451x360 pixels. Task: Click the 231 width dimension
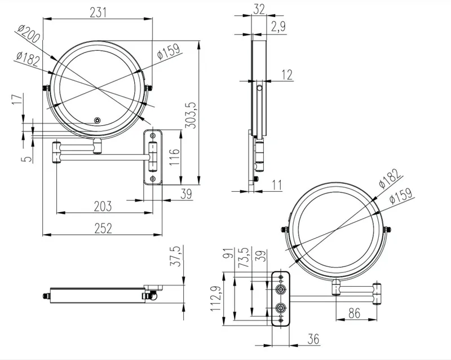pyautogui.click(x=98, y=12)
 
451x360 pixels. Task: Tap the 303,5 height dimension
pyautogui.click(x=190, y=115)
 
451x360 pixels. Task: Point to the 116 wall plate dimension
pyautogui.click(x=174, y=157)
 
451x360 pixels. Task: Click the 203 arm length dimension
pyautogui.click(x=103, y=206)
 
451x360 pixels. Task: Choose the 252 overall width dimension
pyautogui.click(x=103, y=228)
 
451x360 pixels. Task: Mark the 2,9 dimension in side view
pyautogui.click(x=278, y=27)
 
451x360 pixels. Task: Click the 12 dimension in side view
pyautogui.click(x=287, y=75)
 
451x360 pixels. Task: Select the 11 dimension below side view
pyautogui.click(x=277, y=185)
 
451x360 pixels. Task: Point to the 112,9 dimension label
pyautogui.click(x=216, y=298)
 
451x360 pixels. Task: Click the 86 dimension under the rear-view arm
pyautogui.click(x=354, y=313)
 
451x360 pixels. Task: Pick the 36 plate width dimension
pyautogui.click(x=313, y=339)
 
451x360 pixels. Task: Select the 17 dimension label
pyautogui.click(x=17, y=99)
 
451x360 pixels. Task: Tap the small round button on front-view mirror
pyautogui.click(x=98, y=120)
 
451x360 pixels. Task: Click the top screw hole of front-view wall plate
pyautogui.click(x=153, y=135)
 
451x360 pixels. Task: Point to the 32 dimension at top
pyautogui.click(x=259, y=10)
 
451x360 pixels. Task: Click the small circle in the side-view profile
pyautogui.click(x=259, y=87)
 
